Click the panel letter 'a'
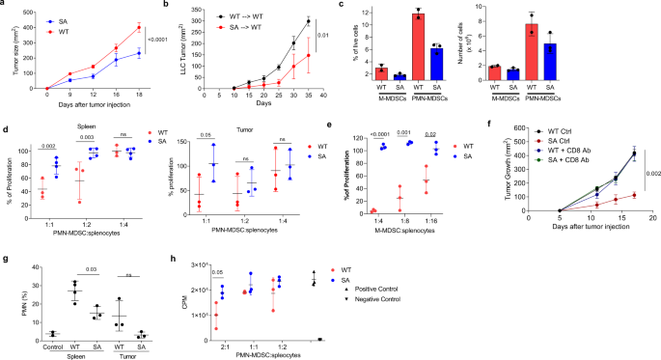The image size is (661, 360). (5, 6)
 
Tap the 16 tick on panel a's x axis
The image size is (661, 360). (118, 94)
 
